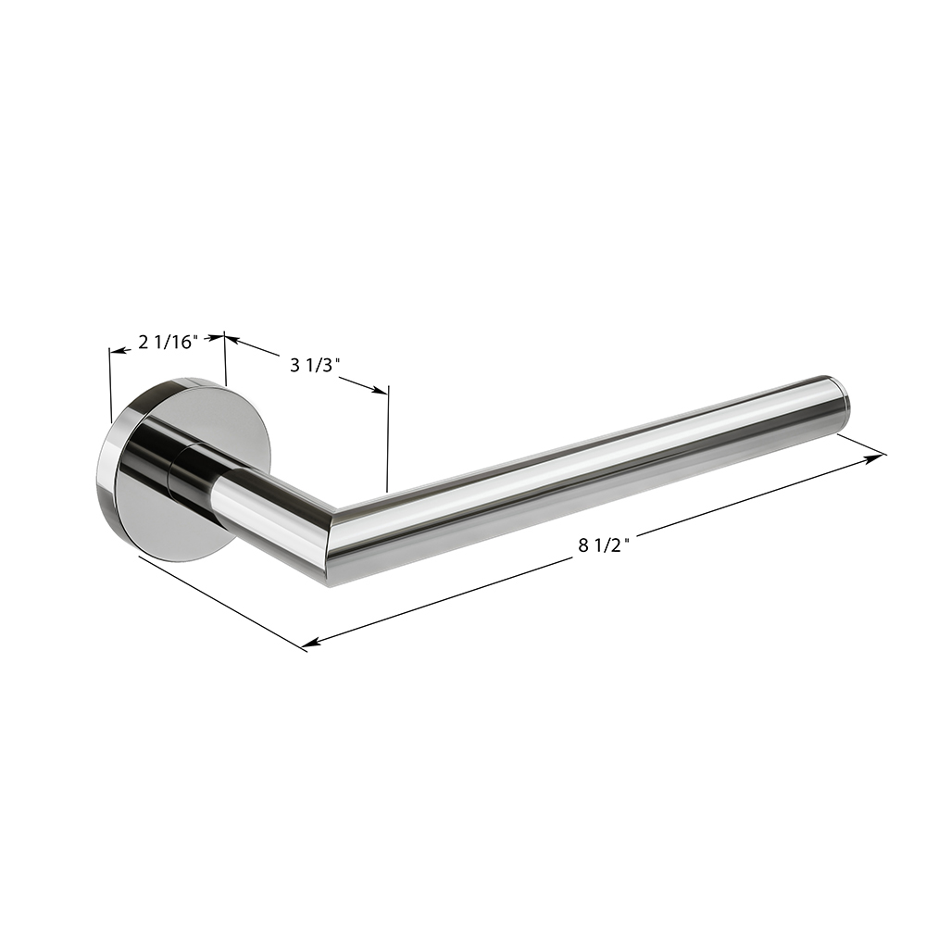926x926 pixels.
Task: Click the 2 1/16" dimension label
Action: pos(167,342)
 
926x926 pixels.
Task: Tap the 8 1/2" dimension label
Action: pos(604,545)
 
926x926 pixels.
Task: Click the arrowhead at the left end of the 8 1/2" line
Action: pos(311,643)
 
